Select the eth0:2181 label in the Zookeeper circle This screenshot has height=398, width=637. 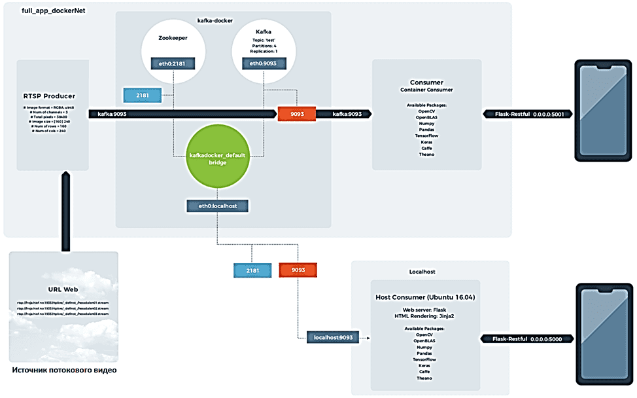[x=173, y=63]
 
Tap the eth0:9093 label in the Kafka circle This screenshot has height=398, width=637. [x=263, y=63]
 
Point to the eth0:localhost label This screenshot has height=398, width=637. [x=218, y=206]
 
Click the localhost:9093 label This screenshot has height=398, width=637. [x=334, y=338]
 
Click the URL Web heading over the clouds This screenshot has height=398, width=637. [x=63, y=289]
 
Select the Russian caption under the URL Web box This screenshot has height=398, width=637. [x=64, y=371]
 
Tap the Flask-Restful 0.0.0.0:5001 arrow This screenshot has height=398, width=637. [x=529, y=114]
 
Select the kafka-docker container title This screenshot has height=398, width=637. [x=215, y=22]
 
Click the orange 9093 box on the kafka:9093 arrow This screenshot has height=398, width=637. [x=297, y=114]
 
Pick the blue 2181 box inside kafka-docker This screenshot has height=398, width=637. [x=142, y=95]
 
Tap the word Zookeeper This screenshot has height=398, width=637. [x=173, y=38]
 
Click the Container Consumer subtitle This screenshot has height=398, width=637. [x=426, y=90]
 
